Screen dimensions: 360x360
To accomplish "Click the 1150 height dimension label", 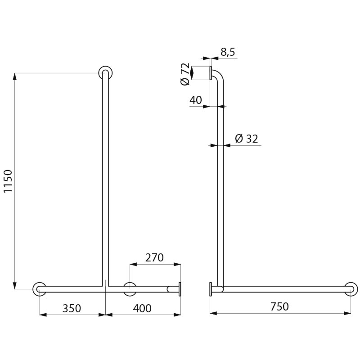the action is [8, 181].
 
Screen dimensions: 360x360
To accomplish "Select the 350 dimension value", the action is [72, 308].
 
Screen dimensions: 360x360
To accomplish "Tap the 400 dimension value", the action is [142, 308].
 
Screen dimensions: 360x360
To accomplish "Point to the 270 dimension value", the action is [154, 257].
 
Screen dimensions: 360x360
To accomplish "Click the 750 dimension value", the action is [279, 306].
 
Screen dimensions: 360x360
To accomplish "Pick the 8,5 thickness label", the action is [228, 52].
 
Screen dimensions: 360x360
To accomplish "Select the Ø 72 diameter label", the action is [185, 74].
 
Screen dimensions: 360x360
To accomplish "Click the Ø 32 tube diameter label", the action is [247, 139].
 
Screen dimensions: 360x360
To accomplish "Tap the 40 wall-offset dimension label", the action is [196, 100].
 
